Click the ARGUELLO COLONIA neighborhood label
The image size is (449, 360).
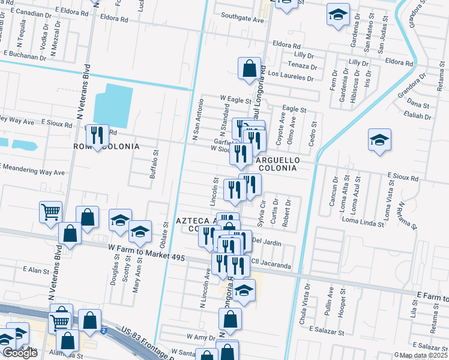(276, 164)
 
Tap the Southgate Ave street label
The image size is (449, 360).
(243, 19)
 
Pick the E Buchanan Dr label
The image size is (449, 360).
(25, 58)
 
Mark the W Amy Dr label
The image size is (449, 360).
(200, 337)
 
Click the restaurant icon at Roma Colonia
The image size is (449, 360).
(96, 136)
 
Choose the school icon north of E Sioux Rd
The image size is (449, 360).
(379, 142)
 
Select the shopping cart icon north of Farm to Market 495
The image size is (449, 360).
(50, 211)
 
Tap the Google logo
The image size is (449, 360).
(20, 353)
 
